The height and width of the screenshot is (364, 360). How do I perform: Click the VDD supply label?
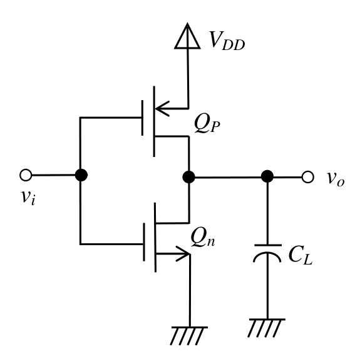227,41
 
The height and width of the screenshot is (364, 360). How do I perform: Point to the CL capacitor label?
301,255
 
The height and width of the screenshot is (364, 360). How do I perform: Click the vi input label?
28,197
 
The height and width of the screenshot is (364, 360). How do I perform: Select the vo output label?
336,179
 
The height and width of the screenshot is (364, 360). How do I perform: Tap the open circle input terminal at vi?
26,175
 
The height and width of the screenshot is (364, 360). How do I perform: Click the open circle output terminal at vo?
307,177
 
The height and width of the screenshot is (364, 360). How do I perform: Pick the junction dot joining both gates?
81,175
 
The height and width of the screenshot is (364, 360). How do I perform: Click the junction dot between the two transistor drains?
188,177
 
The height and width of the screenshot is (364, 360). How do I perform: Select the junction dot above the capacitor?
267,176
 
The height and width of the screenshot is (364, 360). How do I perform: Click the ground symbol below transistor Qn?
189,335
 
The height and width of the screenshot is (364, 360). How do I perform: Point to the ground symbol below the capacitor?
267,328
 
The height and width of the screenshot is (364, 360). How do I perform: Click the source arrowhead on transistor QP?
162,109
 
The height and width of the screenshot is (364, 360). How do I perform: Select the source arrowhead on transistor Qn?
183,254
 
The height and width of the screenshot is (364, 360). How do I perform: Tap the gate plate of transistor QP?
142,118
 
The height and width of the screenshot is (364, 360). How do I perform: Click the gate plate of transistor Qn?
144,242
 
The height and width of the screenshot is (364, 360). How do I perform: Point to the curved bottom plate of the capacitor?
267,253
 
